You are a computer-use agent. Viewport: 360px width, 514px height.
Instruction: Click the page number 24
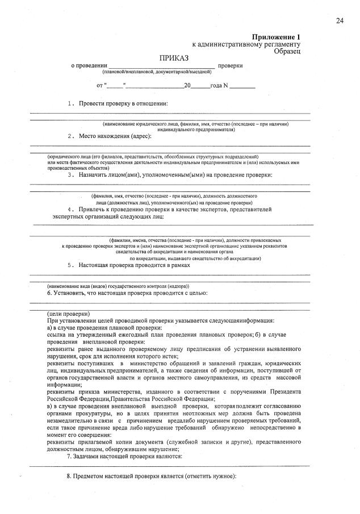coord(340,21)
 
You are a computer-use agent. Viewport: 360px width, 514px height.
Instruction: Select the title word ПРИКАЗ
coord(174,58)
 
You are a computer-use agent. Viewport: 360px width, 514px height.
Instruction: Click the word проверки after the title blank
coord(230,66)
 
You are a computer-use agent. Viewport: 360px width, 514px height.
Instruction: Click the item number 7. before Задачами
coord(70,456)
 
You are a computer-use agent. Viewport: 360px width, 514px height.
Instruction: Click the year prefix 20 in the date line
coord(187,86)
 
